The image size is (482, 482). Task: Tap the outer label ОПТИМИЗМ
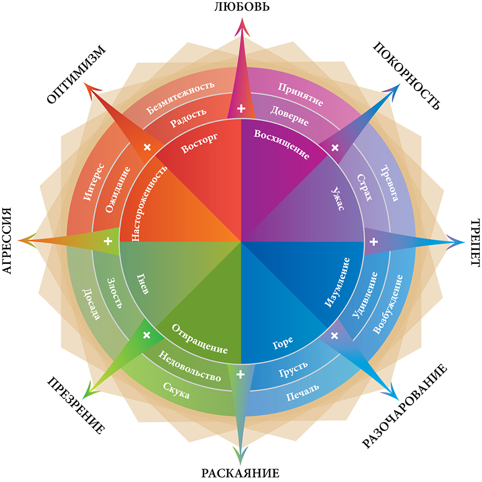[x=77, y=73]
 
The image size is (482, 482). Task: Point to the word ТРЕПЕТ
[x=475, y=242]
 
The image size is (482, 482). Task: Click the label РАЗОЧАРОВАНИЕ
[x=405, y=406]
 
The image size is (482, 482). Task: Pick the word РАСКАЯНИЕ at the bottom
[x=240, y=473]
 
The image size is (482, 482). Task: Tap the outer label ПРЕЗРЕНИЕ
[x=76, y=405]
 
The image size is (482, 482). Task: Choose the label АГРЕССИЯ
[x=7, y=242]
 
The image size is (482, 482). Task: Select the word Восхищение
[x=282, y=144]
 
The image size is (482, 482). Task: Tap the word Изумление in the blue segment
[x=337, y=283]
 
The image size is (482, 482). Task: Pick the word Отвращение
[x=200, y=338]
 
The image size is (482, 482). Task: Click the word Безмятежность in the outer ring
[x=181, y=98]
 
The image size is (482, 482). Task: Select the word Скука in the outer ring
[x=176, y=390]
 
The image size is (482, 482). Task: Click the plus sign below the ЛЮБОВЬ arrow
[x=241, y=108]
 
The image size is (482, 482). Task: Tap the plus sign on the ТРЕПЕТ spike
[x=374, y=242]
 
